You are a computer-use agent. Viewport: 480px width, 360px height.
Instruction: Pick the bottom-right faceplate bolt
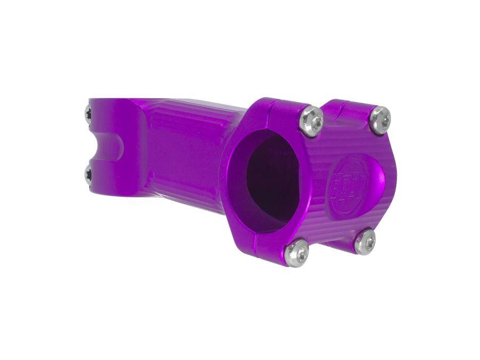coord(365,242)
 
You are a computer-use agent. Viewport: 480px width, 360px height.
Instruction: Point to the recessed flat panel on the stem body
coord(181,155)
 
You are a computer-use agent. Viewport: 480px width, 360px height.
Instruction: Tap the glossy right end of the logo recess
coord(373,181)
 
